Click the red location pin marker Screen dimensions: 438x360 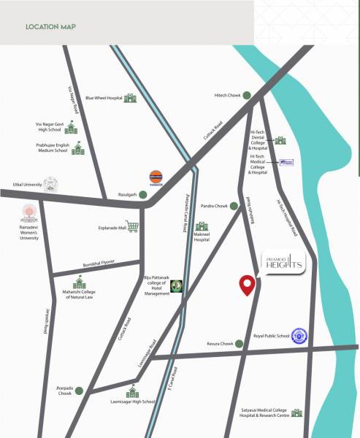[x=248, y=285]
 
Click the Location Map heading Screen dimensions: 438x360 [x=50, y=27]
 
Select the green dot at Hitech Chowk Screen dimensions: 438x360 [x=248, y=95]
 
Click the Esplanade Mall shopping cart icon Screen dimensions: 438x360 [x=132, y=227]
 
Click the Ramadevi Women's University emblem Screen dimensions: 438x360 [x=28, y=213]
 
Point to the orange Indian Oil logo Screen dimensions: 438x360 [x=156, y=179]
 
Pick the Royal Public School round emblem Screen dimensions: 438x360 [x=299, y=337]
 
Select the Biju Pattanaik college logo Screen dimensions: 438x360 [x=177, y=287]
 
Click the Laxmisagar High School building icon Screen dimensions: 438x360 [x=132, y=393]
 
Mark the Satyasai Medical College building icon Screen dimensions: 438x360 [x=296, y=413]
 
